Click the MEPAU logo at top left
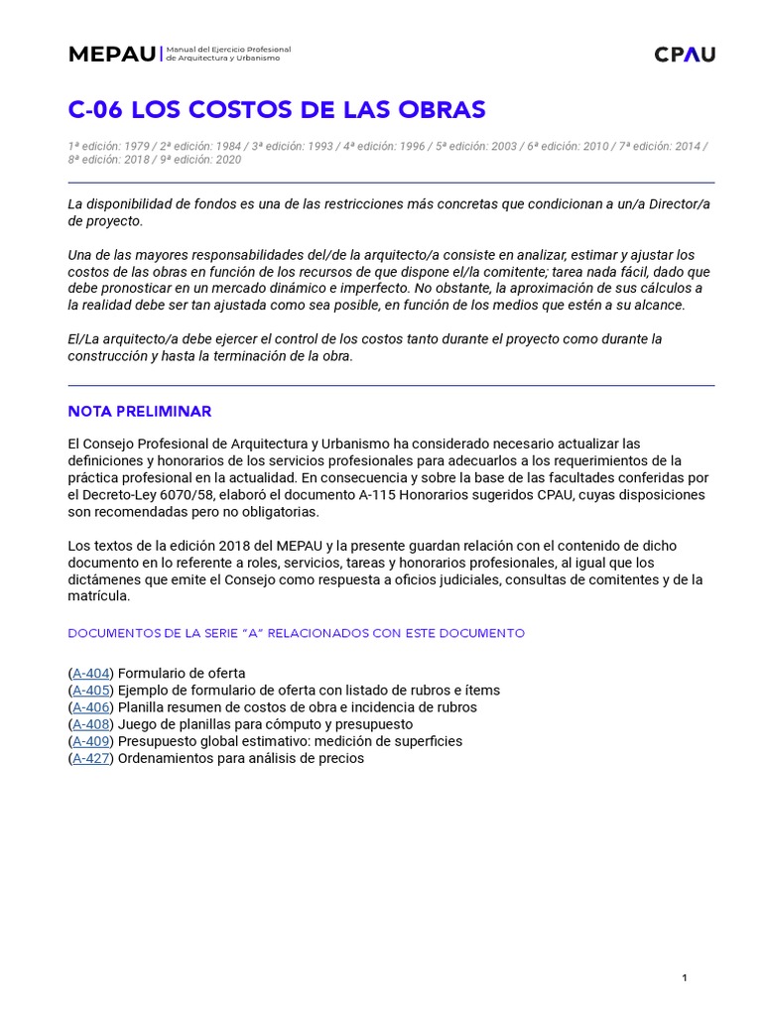pos(111,54)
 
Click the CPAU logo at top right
pos(685,55)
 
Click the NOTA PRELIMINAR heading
pos(139,411)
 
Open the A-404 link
pos(91,674)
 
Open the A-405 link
pos(91,691)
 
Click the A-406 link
pos(91,707)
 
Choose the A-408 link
pos(91,724)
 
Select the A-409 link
pos(91,741)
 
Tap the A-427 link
pos(91,758)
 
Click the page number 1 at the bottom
pos(685,978)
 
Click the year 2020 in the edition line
pos(228,159)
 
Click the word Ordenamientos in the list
pos(166,758)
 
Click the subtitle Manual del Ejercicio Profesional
pos(228,49)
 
